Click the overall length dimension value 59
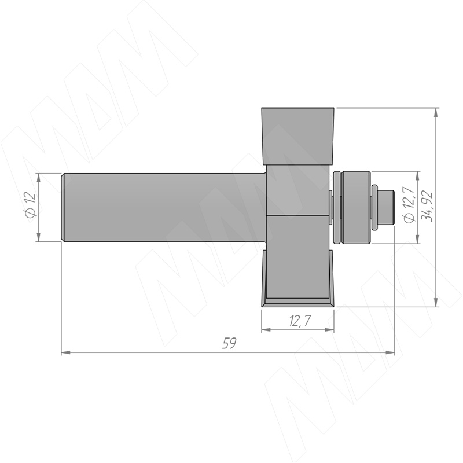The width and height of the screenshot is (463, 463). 229,343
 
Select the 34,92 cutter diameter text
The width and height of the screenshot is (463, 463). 427,206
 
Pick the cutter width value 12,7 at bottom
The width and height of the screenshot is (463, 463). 300,321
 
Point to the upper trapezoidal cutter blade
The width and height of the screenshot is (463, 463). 298,136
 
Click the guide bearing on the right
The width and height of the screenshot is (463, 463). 355,208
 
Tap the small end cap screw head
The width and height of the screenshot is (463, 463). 386,207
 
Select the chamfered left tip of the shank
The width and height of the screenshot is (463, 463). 63,207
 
